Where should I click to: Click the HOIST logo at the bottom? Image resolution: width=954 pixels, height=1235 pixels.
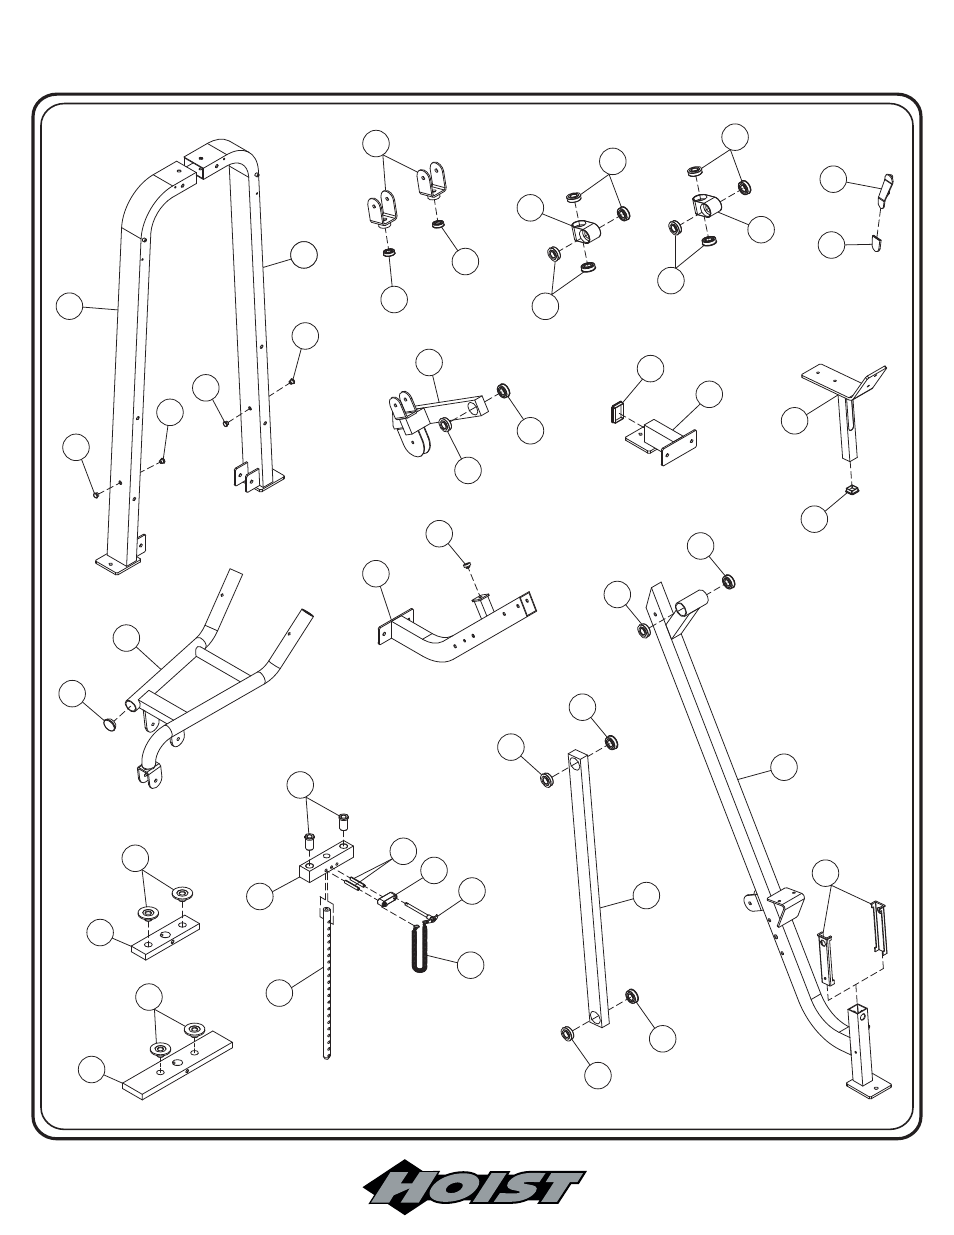(x=473, y=1190)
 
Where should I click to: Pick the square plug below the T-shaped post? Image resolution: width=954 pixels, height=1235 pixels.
(x=853, y=489)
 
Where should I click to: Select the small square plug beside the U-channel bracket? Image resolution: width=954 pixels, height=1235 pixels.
(x=616, y=409)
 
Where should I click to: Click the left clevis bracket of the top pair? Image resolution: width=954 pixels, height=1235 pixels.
(x=382, y=208)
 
